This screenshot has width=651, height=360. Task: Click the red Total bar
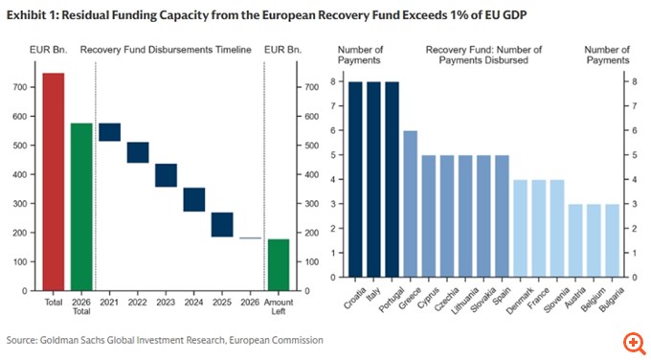[54, 182]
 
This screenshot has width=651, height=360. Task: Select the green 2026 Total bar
[81, 206]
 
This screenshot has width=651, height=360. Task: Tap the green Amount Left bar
[278, 264]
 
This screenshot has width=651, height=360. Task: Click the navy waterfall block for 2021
[109, 132]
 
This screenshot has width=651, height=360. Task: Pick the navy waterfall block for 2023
[166, 175]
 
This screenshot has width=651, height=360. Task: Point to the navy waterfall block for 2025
[222, 224]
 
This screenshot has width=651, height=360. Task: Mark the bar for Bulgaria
[613, 240]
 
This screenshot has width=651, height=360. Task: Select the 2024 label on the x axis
[194, 303]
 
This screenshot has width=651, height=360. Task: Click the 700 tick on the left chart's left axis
[19, 87]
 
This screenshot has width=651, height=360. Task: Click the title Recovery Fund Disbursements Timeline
[166, 49]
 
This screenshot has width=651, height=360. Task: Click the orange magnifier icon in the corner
[632, 342]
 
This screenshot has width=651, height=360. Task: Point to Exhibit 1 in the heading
[31, 14]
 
